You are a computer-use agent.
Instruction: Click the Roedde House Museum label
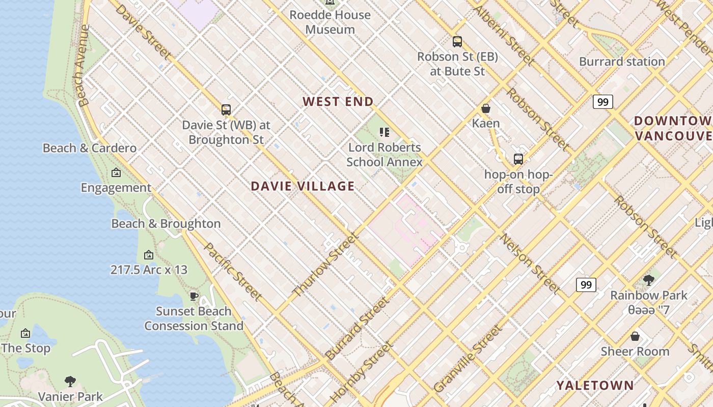[330, 22]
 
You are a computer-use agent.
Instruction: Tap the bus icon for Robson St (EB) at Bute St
[457, 42]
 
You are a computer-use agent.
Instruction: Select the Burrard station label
[622, 62]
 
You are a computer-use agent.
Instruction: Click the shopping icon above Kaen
[486, 108]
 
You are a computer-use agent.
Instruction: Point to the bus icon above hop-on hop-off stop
[518, 159]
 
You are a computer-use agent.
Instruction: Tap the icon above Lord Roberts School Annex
[385, 133]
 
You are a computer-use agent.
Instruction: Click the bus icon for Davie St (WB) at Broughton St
[226, 109]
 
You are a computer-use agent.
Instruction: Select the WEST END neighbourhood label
[338, 102]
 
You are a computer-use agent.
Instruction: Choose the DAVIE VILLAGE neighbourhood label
[303, 186]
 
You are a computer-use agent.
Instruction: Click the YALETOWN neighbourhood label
[595, 385]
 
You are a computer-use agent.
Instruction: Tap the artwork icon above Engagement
[116, 173]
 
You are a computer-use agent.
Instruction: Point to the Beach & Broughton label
[166, 224]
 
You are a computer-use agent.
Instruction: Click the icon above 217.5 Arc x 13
[149, 255]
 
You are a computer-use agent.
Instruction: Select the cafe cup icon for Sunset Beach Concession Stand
[194, 296]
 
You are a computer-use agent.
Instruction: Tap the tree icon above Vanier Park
[71, 382]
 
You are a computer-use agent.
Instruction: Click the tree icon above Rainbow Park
[649, 280]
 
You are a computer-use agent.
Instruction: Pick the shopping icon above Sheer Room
[635, 336]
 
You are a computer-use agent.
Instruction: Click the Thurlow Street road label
[326, 265]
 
